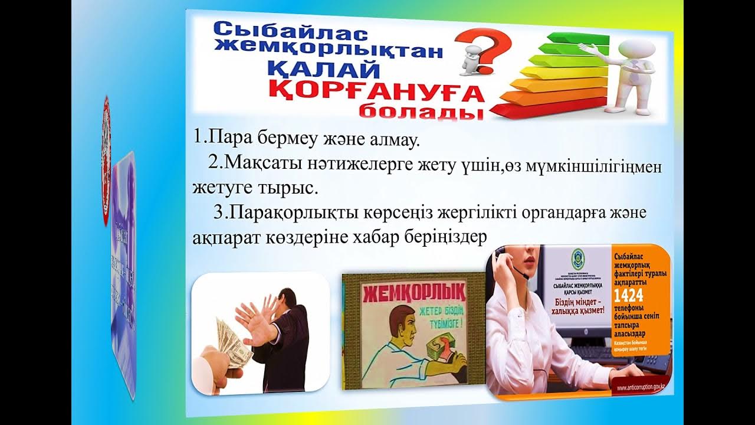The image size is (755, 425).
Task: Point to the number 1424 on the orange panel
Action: click(x=628, y=295)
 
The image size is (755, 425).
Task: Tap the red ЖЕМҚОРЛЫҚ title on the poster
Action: click(x=415, y=292)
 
